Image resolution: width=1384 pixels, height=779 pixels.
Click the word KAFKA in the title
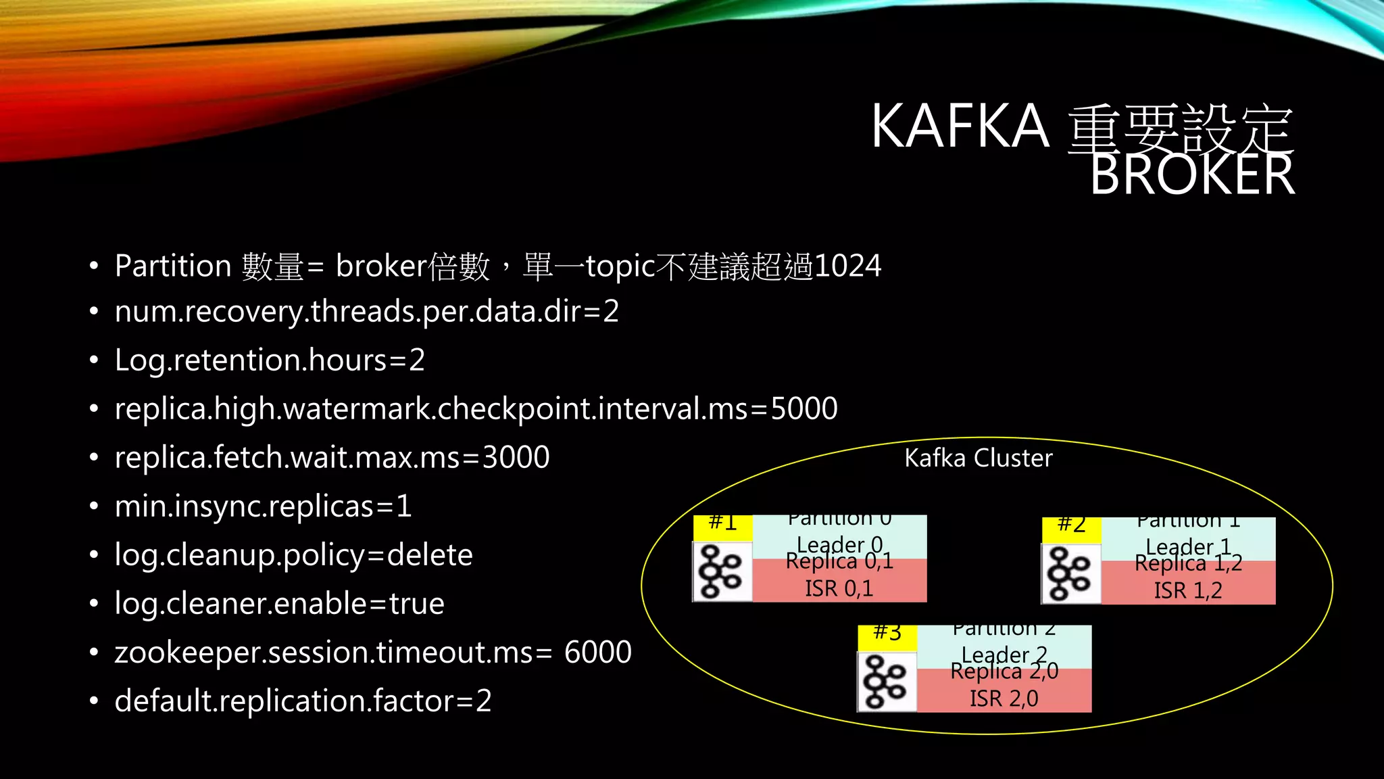pos(960,126)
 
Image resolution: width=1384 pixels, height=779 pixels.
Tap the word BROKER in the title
pos(1192,175)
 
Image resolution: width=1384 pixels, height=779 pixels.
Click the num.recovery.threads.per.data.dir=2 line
pos(366,312)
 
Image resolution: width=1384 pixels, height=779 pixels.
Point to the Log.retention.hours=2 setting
pos(270,360)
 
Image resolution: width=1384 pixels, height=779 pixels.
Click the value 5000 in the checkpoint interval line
pos(804,408)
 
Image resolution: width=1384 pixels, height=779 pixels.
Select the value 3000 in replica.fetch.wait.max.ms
pos(516,458)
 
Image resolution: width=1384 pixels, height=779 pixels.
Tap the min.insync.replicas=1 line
pos(263,506)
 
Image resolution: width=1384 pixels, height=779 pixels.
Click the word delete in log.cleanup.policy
pos(430,555)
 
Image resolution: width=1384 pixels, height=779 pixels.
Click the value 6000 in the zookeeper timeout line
pos(597,653)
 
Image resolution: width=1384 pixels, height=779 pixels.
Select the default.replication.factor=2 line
pos(303,701)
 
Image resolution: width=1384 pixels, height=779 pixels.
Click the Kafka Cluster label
pos(978,458)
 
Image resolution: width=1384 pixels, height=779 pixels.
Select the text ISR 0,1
pos(839,589)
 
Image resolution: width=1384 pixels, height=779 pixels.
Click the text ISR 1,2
pos(1187,591)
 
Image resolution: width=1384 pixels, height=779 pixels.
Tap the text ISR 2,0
pos(1004,699)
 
